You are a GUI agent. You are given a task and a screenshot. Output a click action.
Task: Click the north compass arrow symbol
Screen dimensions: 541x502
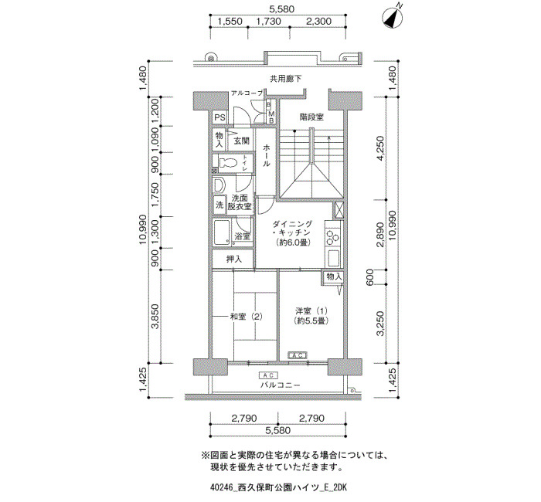tap(393, 18)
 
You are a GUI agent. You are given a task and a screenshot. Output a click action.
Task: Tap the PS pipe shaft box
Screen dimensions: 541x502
tap(219, 118)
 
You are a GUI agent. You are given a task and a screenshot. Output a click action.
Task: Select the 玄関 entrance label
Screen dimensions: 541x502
tap(241, 141)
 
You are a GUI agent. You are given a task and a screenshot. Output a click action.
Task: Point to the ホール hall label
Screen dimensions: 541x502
tap(267, 155)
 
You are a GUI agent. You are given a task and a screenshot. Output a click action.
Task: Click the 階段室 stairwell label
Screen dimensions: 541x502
tap(311, 117)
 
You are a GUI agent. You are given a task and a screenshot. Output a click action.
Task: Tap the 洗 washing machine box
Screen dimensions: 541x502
tap(219, 205)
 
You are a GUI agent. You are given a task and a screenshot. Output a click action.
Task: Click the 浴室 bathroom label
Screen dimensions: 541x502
tap(242, 236)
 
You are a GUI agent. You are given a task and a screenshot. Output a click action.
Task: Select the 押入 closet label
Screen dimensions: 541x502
tap(233, 259)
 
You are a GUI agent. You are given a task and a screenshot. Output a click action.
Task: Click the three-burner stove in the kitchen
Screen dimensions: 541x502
tap(333, 237)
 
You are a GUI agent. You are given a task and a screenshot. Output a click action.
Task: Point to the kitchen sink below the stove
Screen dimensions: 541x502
tap(333, 258)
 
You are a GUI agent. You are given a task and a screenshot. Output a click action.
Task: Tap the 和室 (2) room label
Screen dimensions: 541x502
tap(246, 317)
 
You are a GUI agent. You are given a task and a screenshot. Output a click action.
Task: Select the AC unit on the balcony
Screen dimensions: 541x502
tap(268, 375)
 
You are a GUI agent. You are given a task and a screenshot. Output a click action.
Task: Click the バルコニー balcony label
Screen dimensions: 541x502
tap(281, 385)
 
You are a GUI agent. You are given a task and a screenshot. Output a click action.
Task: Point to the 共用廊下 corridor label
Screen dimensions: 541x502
tap(285, 79)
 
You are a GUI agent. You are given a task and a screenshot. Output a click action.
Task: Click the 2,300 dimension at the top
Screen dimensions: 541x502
tap(318, 21)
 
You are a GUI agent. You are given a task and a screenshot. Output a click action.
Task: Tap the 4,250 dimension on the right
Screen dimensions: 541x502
tap(380, 148)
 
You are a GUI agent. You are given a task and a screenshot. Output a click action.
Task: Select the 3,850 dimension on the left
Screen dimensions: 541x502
tap(155, 316)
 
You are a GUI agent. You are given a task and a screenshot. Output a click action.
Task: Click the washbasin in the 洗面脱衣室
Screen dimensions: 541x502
tap(218, 186)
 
